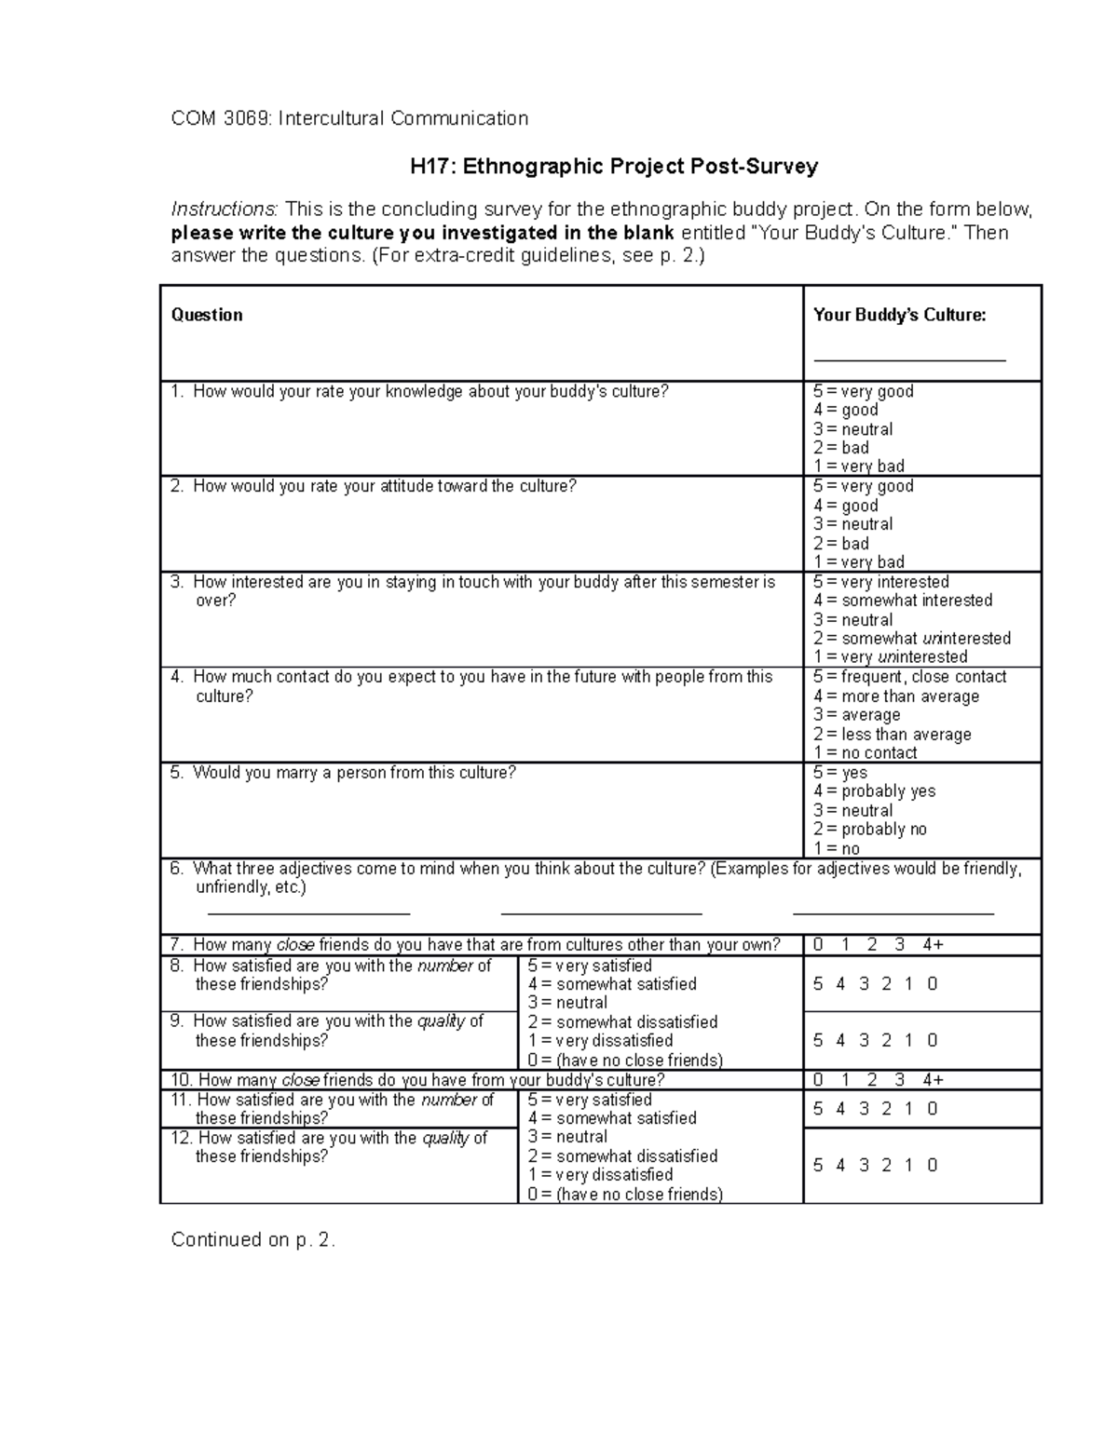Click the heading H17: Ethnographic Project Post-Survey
tap(614, 167)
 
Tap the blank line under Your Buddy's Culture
tap(909, 359)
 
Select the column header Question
tap(207, 315)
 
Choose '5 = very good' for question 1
tap(863, 391)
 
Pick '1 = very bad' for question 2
tap(858, 561)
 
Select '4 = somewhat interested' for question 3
tap(902, 601)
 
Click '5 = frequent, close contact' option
tap(909, 677)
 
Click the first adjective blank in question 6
tap(307, 913)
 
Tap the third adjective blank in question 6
tap(893, 913)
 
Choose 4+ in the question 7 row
tap(933, 945)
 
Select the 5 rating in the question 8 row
tap(818, 984)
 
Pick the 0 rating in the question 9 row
tap(932, 1041)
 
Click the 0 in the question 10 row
tap(818, 1080)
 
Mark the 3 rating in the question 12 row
tap(864, 1166)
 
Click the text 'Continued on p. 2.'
tap(252, 1240)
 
